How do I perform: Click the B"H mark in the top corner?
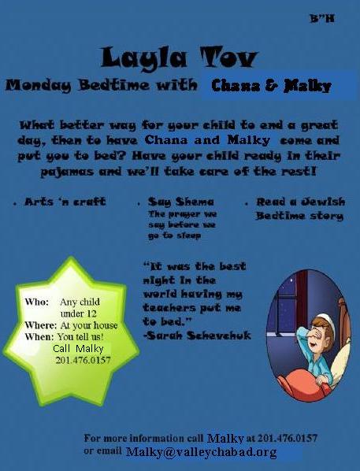(x=322, y=19)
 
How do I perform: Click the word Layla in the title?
(x=144, y=57)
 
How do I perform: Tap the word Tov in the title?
(x=229, y=57)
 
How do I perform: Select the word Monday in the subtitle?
(x=39, y=86)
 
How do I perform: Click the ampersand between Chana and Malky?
(x=272, y=86)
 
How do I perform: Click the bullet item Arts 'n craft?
(x=65, y=202)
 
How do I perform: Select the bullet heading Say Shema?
(x=181, y=202)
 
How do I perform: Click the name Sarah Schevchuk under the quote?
(x=197, y=336)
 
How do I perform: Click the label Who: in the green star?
(x=37, y=302)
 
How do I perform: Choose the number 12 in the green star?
(x=91, y=313)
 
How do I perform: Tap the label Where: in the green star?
(x=40, y=325)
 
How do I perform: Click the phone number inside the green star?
(x=83, y=360)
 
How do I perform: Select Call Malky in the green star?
(x=78, y=348)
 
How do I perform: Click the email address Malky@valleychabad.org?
(x=202, y=452)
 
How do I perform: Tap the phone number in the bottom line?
(x=288, y=438)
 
